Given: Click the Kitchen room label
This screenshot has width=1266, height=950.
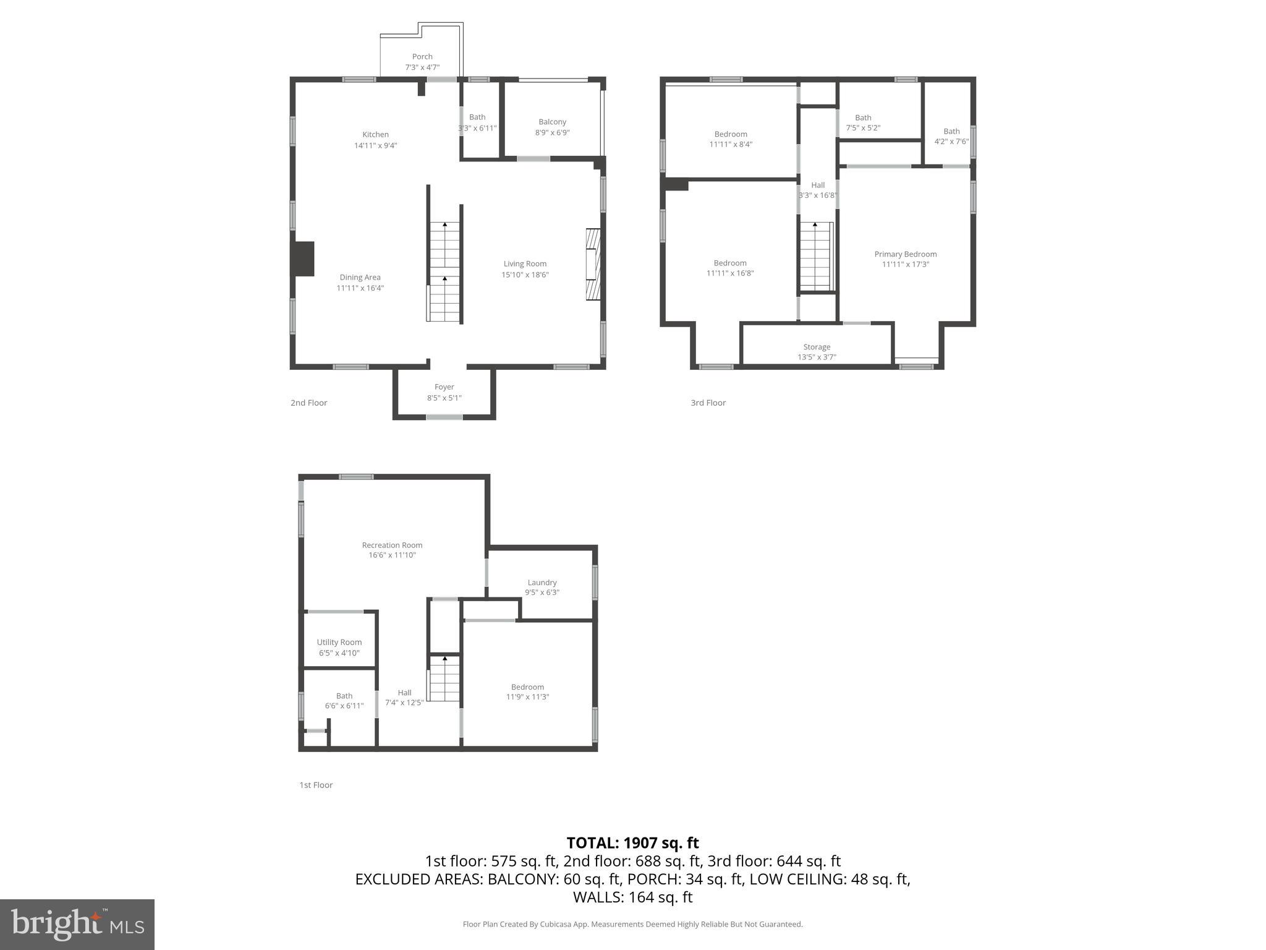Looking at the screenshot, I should (x=375, y=134).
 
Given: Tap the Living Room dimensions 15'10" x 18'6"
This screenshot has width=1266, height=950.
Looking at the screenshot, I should (x=525, y=275).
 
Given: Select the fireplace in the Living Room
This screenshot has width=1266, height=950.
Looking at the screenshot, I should (x=593, y=265).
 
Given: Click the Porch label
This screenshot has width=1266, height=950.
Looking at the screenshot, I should (x=422, y=56).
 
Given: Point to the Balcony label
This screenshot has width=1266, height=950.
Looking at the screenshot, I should (x=552, y=122).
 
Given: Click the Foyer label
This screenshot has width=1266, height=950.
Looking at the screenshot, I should (x=444, y=387).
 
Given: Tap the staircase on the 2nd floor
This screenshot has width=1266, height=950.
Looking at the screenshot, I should (x=444, y=272).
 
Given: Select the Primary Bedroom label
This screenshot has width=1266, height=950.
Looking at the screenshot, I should (x=905, y=254).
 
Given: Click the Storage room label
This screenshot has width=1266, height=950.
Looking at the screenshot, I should (x=817, y=347).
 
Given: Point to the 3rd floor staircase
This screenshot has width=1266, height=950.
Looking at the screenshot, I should (x=816, y=257).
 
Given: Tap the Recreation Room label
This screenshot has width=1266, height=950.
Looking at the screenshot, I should (x=392, y=545).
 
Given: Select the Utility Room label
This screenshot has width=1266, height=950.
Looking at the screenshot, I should (x=339, y=642).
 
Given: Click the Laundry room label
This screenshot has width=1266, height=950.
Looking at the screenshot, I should (x=542, y=582).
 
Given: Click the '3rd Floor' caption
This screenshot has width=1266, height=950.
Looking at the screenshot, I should (x=708, y=403).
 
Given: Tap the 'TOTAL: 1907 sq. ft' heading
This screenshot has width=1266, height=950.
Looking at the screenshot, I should (x=632, y=842).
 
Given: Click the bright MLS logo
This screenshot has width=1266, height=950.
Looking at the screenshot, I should (x=77, y=924).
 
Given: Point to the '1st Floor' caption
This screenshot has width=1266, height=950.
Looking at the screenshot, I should (x=316, y=785).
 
